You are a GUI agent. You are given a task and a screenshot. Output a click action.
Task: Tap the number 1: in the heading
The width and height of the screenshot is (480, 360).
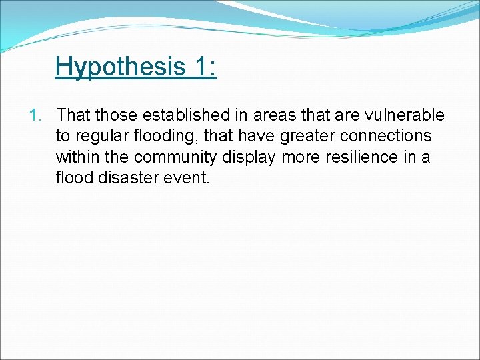204,67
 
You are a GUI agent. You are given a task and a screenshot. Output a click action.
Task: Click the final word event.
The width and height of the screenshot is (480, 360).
189,178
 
